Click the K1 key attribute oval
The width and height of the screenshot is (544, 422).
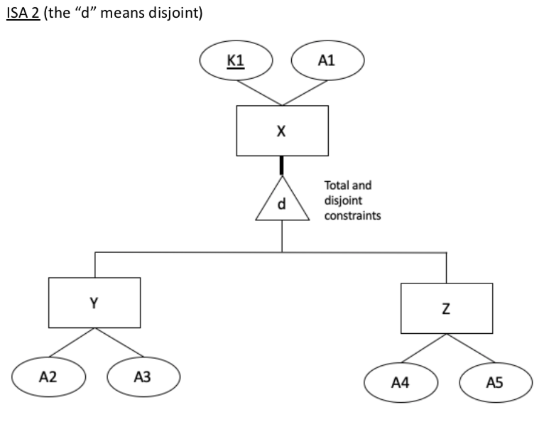click(x=235, y=62)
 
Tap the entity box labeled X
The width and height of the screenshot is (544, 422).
click(x=282, y=131)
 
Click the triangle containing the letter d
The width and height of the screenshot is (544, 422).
click(x=282, y=202)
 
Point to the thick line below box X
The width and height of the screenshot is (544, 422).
click(x=282, y=166)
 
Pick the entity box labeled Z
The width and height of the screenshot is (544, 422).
click(x=446, y=309)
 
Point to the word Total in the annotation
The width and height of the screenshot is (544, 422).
click(x=337, y=187)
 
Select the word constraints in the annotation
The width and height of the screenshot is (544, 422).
click(x=352, y=214)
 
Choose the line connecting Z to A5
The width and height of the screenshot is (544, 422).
click(x=471, y=352)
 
